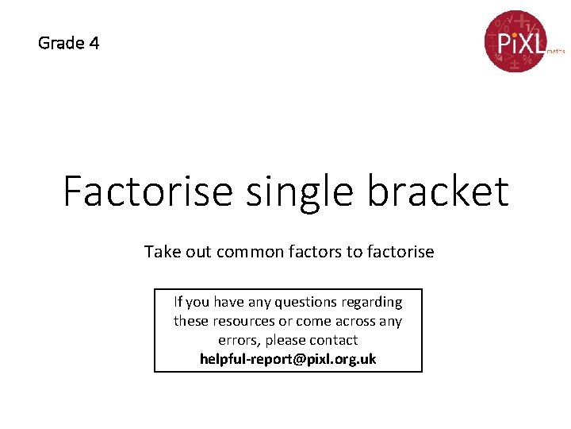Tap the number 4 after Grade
94,43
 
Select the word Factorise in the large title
148,191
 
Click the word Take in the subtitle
161,252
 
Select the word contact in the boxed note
334,340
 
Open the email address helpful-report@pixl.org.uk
288,359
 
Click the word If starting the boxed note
178,302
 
